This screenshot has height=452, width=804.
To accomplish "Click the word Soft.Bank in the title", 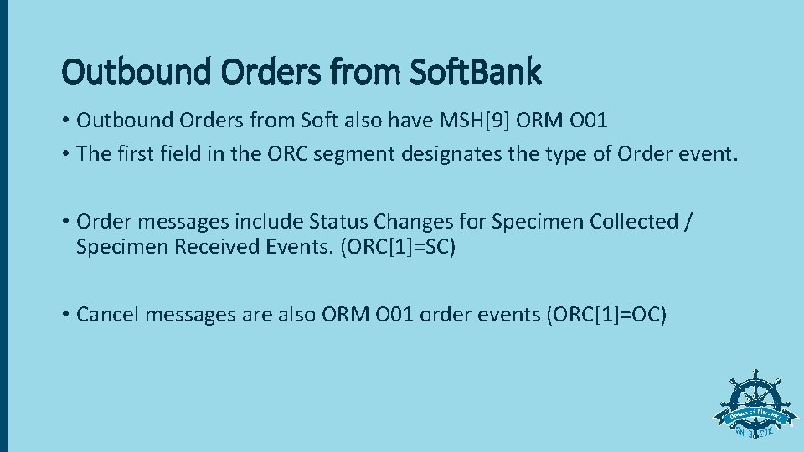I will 475,72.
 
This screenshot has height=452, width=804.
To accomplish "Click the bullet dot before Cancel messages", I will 65,315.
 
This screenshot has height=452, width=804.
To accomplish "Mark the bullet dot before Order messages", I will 65,222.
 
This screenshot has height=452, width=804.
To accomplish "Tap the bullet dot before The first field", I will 65,153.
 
